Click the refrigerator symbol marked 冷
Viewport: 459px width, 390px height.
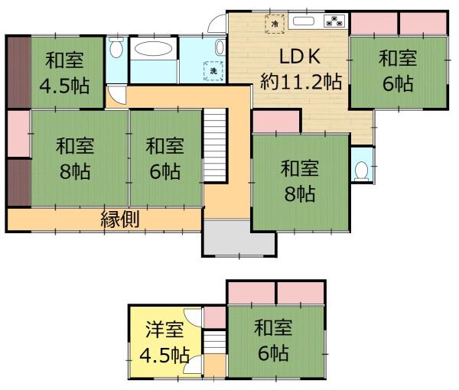[274, 24]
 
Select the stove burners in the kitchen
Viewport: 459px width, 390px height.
[335, 21]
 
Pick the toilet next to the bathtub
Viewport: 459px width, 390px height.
[116, 50]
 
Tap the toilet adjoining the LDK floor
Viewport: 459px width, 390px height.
[360, 170]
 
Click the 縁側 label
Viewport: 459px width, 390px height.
[119, 219]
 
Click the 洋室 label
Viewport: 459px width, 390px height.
[164, 331]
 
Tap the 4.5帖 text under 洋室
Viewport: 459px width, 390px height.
[164, 355]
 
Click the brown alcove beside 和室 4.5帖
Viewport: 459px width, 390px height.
[17, 73]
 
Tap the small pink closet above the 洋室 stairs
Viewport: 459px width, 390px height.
[215, 316]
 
